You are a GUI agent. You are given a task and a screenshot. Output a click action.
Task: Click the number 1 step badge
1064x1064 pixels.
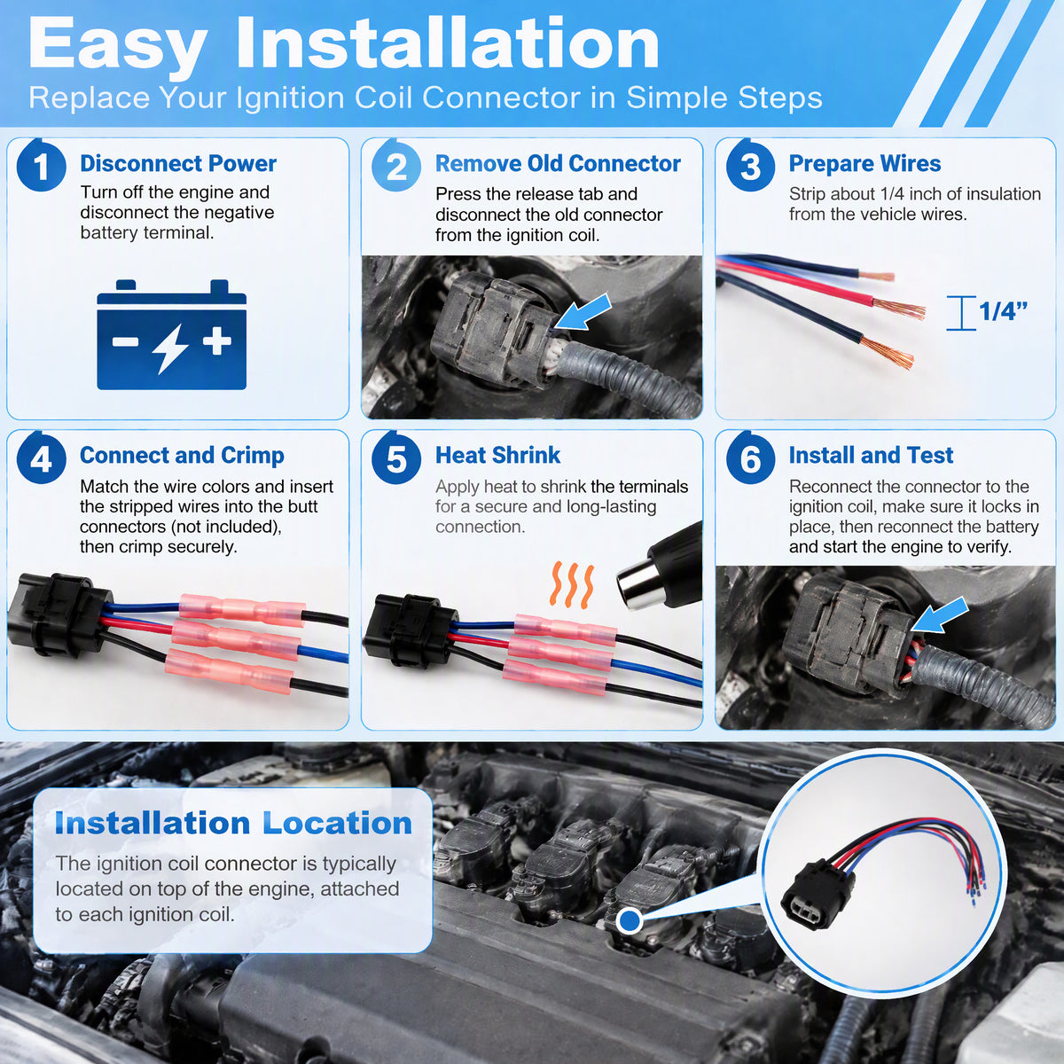click(42, 166)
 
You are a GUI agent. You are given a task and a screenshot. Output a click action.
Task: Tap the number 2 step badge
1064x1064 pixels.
click(395, 166)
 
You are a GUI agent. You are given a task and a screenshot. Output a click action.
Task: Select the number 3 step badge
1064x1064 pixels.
click(750, 166)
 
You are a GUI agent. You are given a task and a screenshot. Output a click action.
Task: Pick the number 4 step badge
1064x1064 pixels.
click(42, 458)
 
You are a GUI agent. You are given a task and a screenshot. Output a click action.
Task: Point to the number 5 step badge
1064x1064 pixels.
click(395, 458)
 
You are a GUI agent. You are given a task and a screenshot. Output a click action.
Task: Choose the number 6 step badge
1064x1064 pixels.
click(750, 458)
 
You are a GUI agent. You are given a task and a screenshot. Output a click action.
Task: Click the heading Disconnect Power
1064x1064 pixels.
click(178, 163)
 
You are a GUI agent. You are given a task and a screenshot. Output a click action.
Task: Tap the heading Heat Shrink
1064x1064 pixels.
click(497, 455)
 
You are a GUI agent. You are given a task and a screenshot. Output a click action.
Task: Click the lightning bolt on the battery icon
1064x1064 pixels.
click(171, 348)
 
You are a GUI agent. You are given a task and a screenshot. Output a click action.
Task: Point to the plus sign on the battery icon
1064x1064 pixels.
click(217, 340)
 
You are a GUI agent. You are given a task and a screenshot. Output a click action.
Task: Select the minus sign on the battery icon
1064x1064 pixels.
click(125, 341)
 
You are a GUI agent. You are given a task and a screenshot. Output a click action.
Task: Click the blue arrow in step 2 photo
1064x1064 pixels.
click(583, 312)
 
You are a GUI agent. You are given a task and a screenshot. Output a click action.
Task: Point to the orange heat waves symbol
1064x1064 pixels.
click(572, 585)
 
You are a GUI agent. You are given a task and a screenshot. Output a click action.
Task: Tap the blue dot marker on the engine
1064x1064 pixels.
click(629, 920)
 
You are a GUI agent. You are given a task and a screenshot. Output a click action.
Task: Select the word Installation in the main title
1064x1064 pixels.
click(447, 44)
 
